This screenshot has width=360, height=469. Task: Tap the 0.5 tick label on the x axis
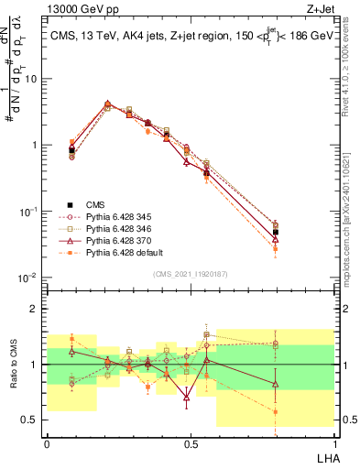pyautogui.click(x=190, y=443)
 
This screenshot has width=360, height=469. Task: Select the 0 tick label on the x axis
pyautogui.click(x=47, y=443)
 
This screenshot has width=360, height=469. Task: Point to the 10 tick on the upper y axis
pyautogui.click(x=33, y=79)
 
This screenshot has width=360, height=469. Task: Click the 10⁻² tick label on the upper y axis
pyautogui.click(x=29, y=278)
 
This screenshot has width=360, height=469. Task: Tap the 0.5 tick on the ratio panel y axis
pyautogui.click(x=31, y=420)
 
